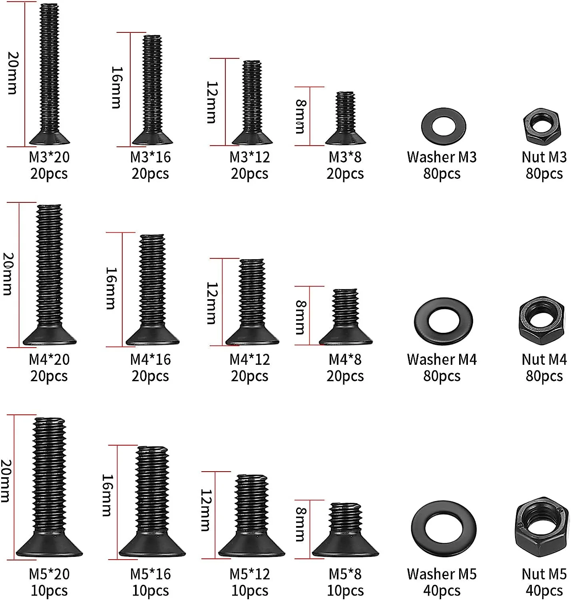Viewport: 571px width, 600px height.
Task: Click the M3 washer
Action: pos(443,127)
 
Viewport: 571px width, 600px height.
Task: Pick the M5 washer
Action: pos(443,528)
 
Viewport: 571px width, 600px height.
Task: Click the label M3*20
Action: pos(49,157)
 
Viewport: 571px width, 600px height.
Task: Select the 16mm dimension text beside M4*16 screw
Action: pos(111,288)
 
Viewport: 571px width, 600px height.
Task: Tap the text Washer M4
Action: pos(442,360)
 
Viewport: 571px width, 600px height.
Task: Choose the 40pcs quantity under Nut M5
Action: pos(544,591)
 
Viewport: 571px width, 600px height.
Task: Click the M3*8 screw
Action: pos(345,118)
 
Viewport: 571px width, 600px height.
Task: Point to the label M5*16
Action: pos(150,574)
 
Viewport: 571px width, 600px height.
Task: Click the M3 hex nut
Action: pos(541,126)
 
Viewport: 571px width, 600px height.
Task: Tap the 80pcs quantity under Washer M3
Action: pos(442,174)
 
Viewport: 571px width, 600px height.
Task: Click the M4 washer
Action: pos(443,321)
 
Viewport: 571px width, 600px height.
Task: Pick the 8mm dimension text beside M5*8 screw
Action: pos(300,524)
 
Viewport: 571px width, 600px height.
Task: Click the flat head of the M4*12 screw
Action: pos(252,338)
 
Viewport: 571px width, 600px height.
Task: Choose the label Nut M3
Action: pos(544,157)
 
